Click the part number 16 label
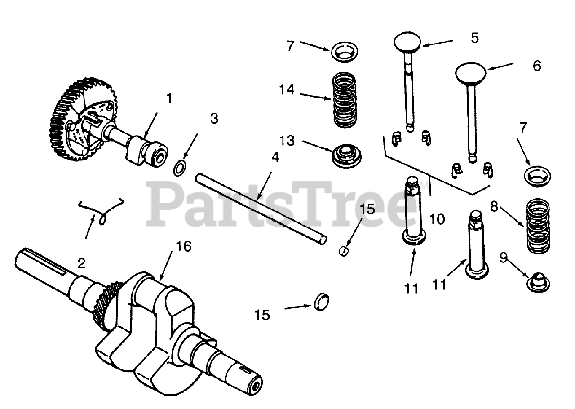pyautogui.click(x=184, y=246)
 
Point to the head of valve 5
pyautogui.click(x=407, y=42)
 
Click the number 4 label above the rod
pyautogui.click(x=275, y=158)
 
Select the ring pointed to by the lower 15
pyautogui.click(x=324, y=301)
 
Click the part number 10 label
pyautogui.click(x=437, y=219)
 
